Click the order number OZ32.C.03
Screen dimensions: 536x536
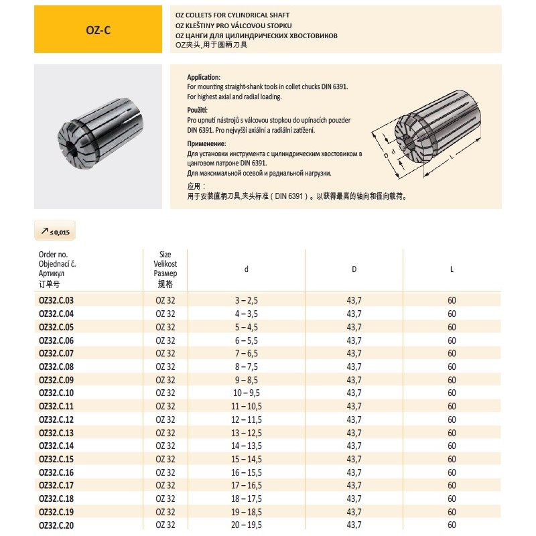(56, 299)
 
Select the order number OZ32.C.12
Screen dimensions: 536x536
(56, 419)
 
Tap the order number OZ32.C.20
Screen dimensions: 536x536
(56, 525)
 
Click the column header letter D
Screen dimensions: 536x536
(354, 269)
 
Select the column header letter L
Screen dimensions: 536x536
(452, 269)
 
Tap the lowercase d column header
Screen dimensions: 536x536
(247, 269)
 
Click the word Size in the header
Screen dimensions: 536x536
(165, 255)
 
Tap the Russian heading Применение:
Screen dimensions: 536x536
(206, 144)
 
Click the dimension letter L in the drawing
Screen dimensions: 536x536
(454, 155)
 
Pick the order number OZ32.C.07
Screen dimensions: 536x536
(56, 353)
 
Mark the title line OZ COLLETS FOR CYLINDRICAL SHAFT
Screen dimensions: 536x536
(232, 14)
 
